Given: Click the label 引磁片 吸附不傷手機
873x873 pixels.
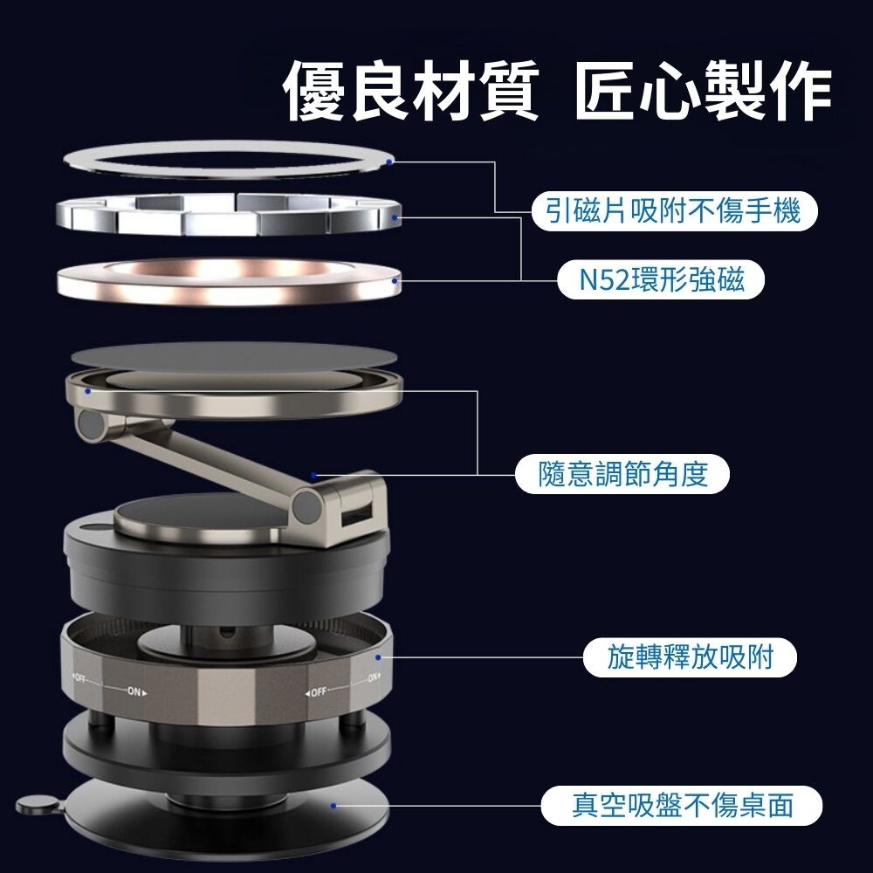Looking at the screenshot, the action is (x=674, y=211).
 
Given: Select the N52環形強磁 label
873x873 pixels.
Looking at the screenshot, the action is (x=661, y=279).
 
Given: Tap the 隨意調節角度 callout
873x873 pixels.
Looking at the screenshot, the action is (x=622, y=474).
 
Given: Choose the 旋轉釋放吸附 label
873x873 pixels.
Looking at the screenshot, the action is (x=690, y=657).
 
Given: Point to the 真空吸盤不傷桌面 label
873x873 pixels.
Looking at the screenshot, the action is (x=682, y=805).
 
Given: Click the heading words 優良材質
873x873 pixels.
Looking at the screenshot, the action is (x=411, y=90).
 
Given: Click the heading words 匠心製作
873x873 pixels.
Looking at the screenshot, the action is (x=703, y=90).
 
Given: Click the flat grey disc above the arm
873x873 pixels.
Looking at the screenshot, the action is (x=234, y=358).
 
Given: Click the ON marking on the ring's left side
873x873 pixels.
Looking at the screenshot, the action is (x=134, y=691).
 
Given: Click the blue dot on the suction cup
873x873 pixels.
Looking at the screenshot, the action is (x=333, y=806).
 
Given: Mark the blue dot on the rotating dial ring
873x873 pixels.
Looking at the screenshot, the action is (x=378, y=657).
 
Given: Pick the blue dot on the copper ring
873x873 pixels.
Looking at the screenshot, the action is (x=395, y=281).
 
